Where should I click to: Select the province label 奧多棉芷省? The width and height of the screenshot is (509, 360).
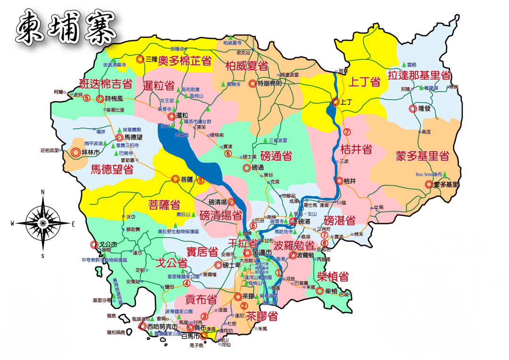[x=184, y=61]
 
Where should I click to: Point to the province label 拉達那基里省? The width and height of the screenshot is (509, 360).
[x=419, y=75]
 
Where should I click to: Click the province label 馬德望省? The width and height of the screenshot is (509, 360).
[x=112, y=169]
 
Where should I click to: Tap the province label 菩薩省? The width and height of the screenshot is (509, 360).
[x=164, y=205]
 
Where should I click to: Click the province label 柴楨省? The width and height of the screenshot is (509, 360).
[x=332, y=276]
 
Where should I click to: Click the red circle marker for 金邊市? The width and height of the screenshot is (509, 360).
[x=247, y=253]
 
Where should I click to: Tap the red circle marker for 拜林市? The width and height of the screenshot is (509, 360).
[x=75, y=153]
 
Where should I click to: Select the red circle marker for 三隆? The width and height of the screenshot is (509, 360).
[x=140, y=59]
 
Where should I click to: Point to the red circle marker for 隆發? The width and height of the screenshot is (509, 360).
[x=413, y=108]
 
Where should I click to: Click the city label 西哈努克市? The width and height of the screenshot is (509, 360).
[x=162, y=326]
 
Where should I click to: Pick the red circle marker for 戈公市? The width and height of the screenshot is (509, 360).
[x=93, y=245]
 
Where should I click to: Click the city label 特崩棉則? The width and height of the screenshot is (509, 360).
[x=270, y=83]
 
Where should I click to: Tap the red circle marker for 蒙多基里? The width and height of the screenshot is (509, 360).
[x=429, y=185]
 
